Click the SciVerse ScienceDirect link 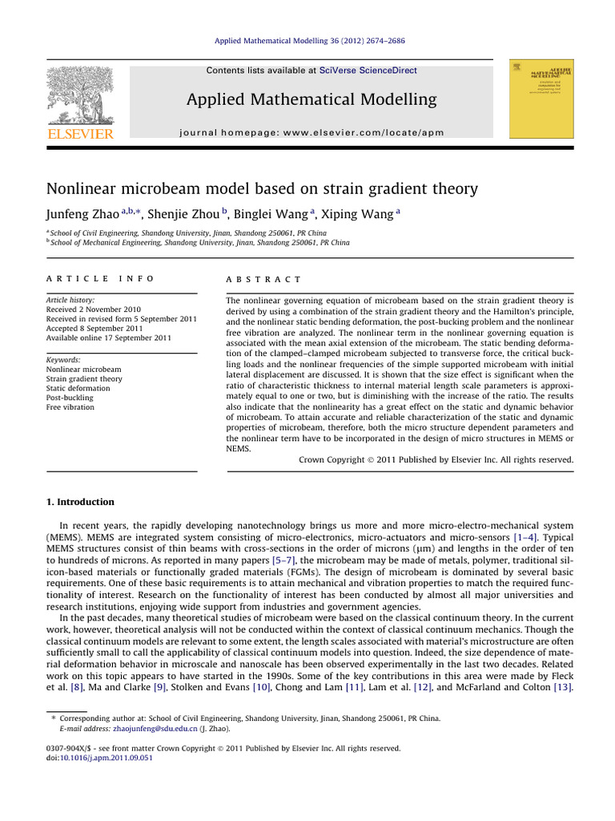[x=368, y=71]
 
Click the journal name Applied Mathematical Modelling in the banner [x=312, y=99]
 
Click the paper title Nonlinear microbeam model [x=262, y=189]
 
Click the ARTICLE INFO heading [x=99, y=279]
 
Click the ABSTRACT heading [x=264, y=279]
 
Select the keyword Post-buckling [x=70, y=398]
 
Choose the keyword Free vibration [x=70, y=407]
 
